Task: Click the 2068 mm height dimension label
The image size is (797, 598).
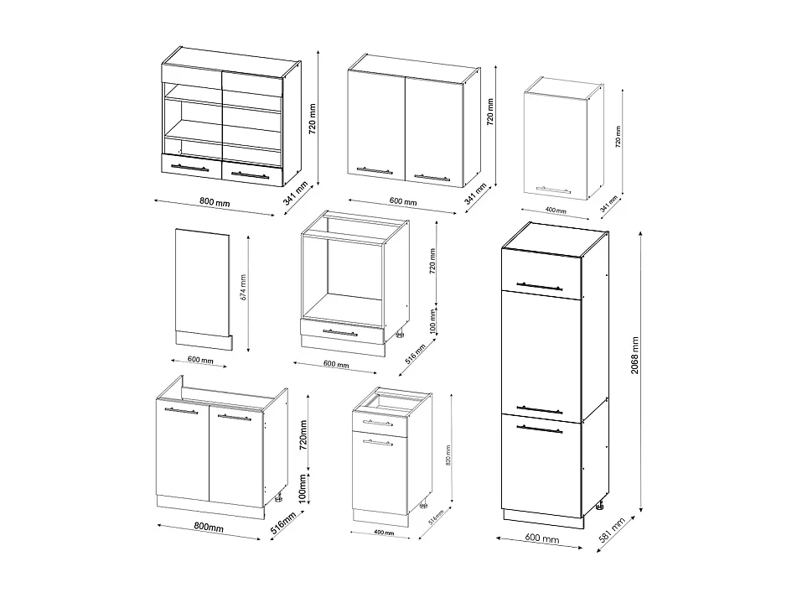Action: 636,356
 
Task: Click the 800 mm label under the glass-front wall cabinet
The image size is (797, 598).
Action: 215,203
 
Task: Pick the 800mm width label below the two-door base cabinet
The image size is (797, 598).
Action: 209,528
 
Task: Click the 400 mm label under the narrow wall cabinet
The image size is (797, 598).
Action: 554,210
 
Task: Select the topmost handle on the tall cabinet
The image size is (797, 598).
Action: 540,285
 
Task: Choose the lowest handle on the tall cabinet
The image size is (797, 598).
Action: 540,429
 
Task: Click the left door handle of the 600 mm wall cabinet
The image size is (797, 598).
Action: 374,171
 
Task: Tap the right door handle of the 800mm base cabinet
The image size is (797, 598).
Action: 234,416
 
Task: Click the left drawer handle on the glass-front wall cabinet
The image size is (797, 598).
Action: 189,168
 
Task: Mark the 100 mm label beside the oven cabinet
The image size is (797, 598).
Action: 432,320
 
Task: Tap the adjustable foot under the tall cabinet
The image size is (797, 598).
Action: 600,507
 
